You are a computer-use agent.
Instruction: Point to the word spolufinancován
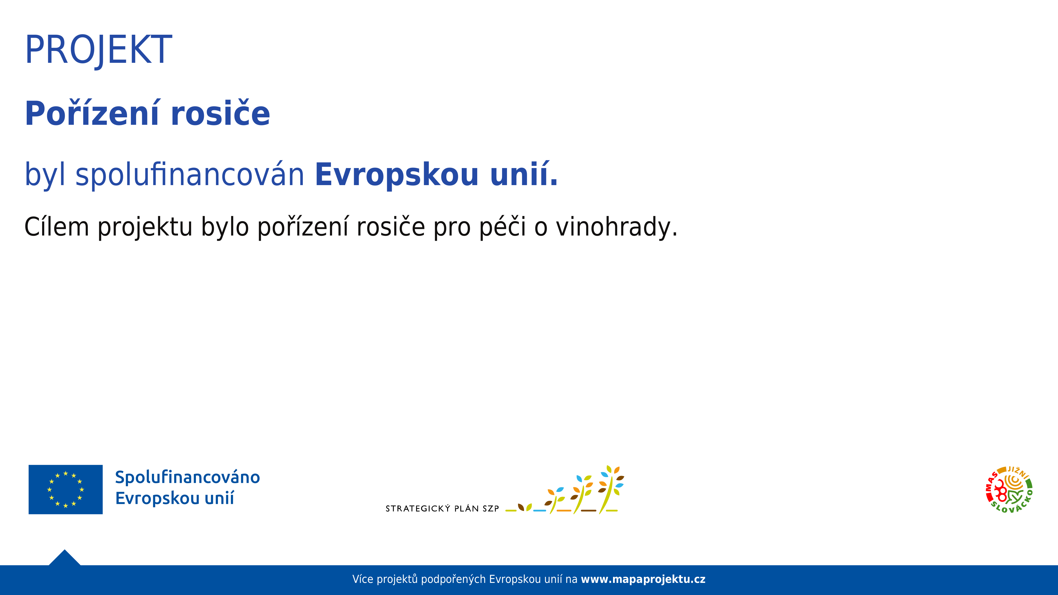coord(190,175)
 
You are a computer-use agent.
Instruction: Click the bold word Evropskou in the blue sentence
coord(397,175)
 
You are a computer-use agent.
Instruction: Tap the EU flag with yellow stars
coord(66,489)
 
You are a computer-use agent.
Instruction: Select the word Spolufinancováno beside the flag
coord(188,477)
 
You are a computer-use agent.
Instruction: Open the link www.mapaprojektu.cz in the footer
coord(643,579)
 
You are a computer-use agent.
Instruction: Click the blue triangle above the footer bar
coord(64,558)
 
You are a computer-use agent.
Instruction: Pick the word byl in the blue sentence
coord(45,175)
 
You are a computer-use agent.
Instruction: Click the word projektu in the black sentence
coord(145,227)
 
